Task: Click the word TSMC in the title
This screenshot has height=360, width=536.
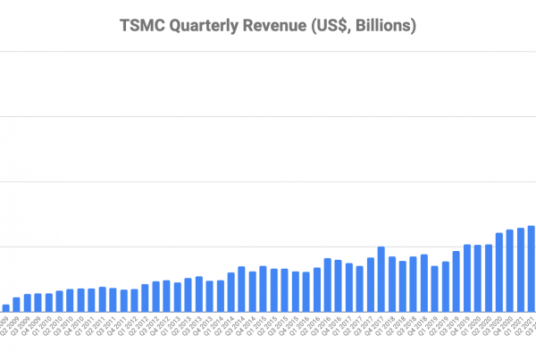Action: pos(144,27)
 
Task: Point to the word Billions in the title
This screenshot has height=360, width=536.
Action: pos(382,27)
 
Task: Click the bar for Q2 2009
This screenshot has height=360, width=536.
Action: pos(17,305)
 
